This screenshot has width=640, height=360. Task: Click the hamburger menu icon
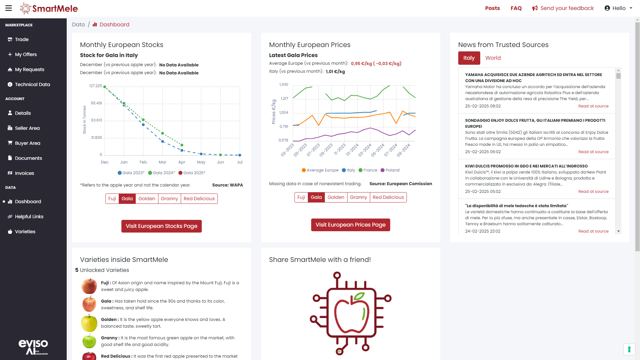coord(9,8)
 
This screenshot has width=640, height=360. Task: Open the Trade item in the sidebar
coord(22,39)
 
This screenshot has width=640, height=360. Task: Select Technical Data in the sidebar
coord(32,84)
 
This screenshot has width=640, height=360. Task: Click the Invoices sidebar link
coord(24,173)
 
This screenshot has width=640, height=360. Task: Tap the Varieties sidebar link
coord(25,232)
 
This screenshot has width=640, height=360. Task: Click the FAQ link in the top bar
coord(516,8)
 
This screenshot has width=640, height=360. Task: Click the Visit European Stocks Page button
coord(161,226)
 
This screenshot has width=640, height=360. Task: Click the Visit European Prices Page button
coord(351,225)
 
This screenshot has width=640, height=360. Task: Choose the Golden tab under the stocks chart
coord(147,199)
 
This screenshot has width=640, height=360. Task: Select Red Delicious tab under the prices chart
coord(388,197)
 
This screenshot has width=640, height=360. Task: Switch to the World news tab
coord(493,58)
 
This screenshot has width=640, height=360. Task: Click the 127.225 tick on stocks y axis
coord(96,86)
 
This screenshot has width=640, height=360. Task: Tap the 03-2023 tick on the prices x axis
coord(287,150)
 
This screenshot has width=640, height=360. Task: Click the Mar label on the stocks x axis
coord(162,162)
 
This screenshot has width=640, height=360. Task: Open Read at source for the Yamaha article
coord(593,106)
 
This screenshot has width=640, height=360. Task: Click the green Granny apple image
coord(89,341)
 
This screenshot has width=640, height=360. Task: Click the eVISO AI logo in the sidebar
coord(33,347)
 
